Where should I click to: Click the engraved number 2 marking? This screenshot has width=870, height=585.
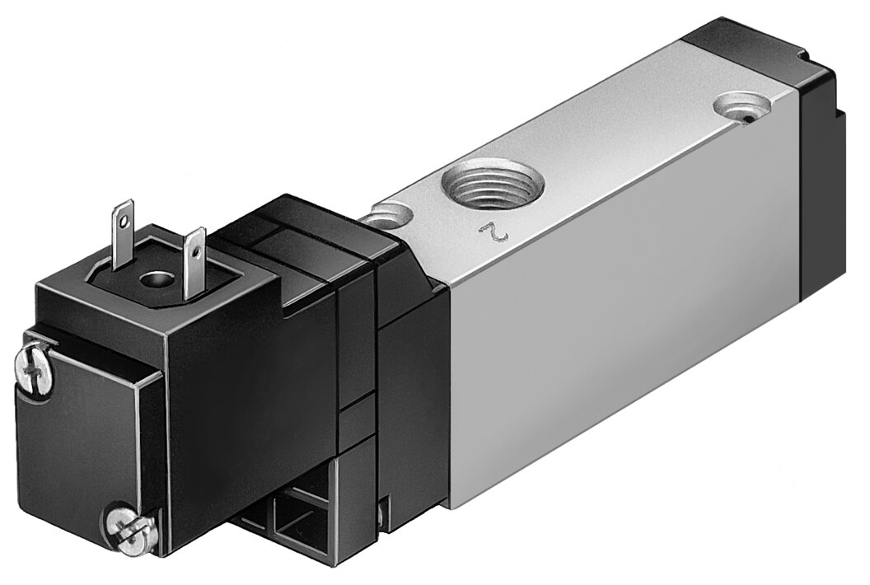(x=494, y=232)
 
